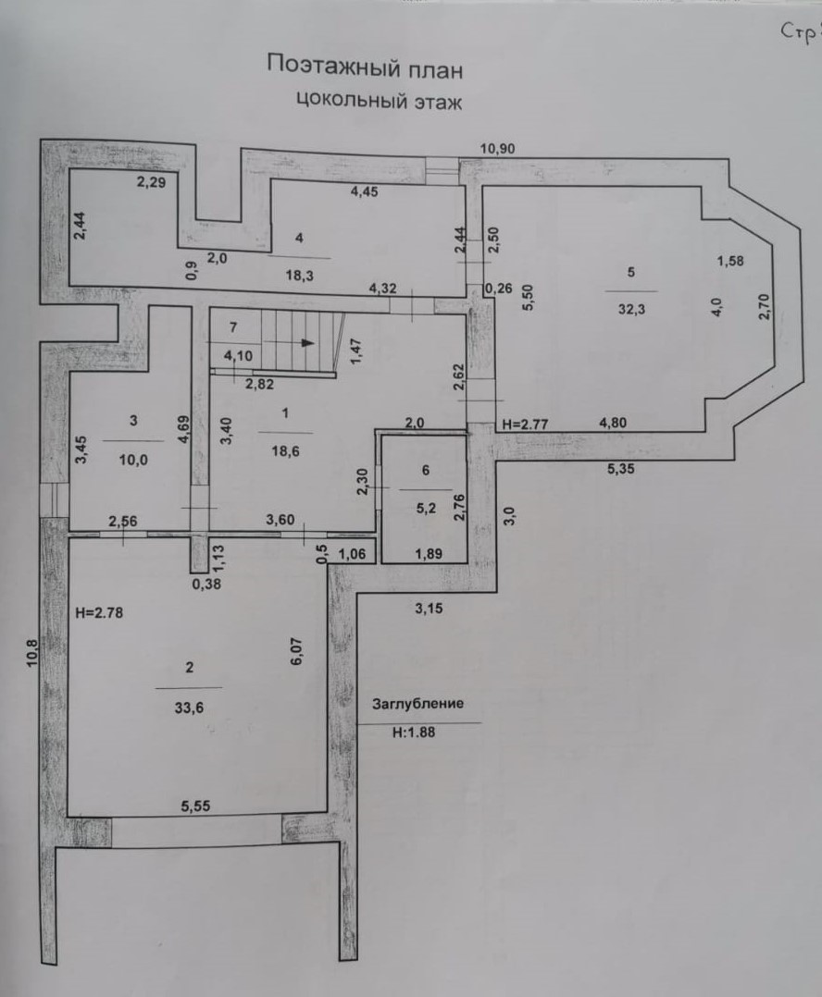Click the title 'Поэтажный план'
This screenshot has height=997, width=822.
pyautogui.click(x=365, y=67)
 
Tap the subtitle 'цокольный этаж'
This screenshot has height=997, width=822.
pyautogui.click(x=380, y=101)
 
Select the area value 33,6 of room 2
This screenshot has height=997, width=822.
pyautogui.click(x=189, y=707)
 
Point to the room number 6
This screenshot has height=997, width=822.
pyautogui.click(x=426, y=470)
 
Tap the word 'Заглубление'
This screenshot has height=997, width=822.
pyautogui.click(x=418, y=704)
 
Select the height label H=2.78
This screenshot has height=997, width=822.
pyautogui.click(x=99, y=613)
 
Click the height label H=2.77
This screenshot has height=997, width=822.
pyautogui.click(x=526, y=424)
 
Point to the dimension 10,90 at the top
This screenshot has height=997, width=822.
pyautogui.click(x=497, y=149)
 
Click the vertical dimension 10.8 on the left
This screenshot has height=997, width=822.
pyautogui.click(x=32, y=653)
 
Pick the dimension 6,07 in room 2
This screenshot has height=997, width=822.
pyautogui.click(x=296, y=651)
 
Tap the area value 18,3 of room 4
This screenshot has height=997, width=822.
pyautogui.click(x=299, y=276)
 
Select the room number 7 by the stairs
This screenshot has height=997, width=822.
pyautogui.click(x=233, y=327)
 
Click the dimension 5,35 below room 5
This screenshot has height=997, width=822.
pyautogui.click(x=621, y=469)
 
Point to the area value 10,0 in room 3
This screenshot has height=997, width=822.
pyautogui.click(x=133, y=460)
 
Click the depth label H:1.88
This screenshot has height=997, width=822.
pyautogui.click(x=414, y=732)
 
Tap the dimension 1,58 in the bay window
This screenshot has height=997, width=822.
pyautogui.click(x=730, y=261)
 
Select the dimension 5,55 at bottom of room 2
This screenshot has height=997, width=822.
pyautogui.click(x=195, y=806)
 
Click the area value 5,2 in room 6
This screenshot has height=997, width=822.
pyautogui.click(x=426, y=508)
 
